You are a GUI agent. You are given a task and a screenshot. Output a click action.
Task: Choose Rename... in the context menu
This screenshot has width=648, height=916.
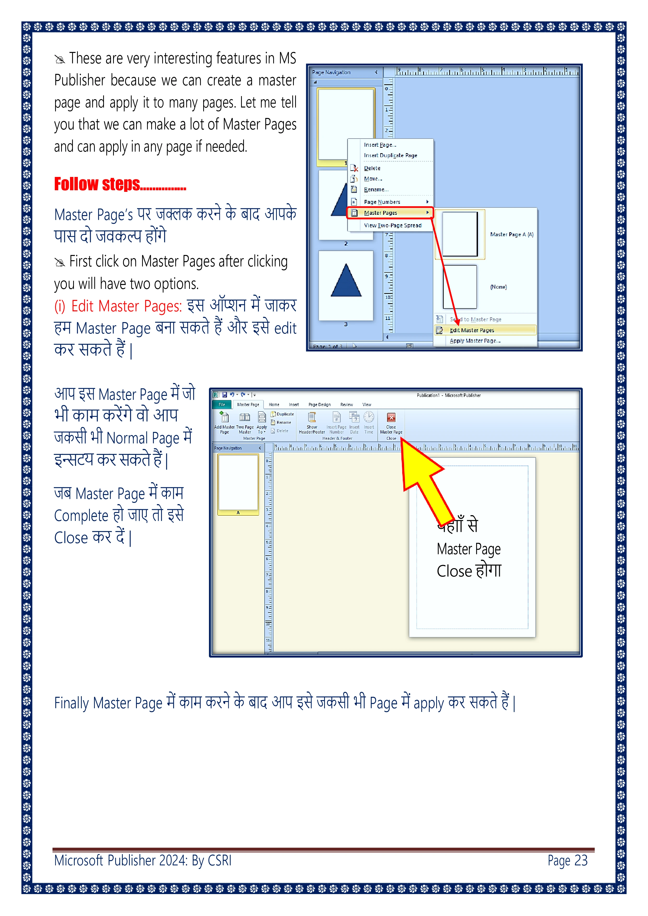pyautogui.click(x=376, y=189)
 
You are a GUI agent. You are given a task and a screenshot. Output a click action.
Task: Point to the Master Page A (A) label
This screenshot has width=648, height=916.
pyautogui.click(x=511, y=235)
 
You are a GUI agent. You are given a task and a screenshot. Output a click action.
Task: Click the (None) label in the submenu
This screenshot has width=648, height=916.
pyautogui.click(x=498, y=287)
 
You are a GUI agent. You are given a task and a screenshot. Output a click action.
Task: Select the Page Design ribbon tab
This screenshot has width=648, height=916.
pyautogui.click(x=319, y=405)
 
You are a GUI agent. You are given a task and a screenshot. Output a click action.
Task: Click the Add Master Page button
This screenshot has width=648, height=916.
pyautogui.click(x=224, y=423)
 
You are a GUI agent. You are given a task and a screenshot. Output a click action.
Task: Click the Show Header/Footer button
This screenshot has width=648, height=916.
pyautogui.click(x=312, y=423)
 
